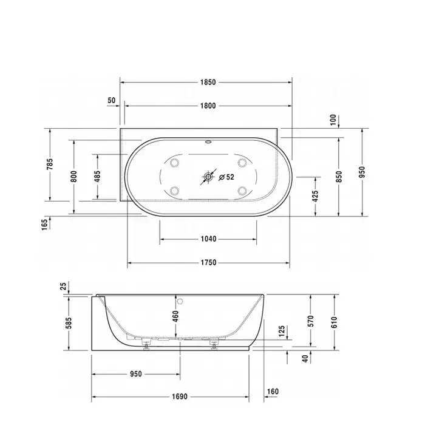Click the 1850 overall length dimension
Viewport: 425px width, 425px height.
point(208,82)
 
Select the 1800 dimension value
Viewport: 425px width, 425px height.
point(208,106)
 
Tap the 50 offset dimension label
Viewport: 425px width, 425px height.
point(111,100)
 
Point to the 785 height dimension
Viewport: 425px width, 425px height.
point(50,165)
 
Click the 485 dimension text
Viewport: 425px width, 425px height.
point(98,176)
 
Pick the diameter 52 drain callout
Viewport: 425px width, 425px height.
point(226,177)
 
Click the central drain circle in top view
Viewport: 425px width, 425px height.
point(208,177)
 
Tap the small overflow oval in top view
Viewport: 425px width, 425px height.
point(208,141)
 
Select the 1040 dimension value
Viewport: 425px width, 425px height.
point(208,239)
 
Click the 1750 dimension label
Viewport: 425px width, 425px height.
point(208,262)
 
